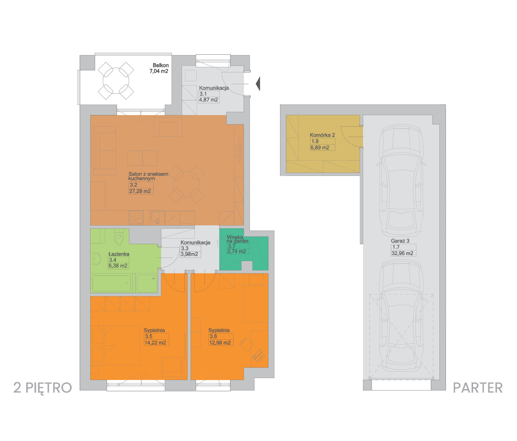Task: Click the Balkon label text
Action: point(161,65)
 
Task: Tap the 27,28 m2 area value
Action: point(140,191)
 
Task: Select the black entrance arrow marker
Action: point(258,84)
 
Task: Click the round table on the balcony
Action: point(116,81)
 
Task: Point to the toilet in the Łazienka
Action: point(119,237)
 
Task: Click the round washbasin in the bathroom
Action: point(96,259)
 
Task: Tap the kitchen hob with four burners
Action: point(136,218)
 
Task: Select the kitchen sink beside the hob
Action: point(157,218)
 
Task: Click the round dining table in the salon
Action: point(186,184)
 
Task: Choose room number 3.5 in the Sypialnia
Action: point(149,336)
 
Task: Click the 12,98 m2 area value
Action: point(220,343)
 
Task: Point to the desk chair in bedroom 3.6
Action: point(246,345)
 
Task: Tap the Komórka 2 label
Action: point(322,135)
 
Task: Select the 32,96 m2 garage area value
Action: point(402,253)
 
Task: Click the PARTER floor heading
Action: point(478,388)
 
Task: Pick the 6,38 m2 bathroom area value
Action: point(118,266)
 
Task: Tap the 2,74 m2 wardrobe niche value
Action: point(237,251)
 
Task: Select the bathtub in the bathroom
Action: point(111,283)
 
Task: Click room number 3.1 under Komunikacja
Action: point(203,94)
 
